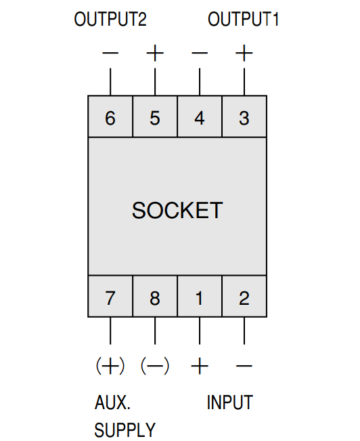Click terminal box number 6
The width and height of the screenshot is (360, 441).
[110, 117]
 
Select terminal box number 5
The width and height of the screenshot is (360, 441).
[155, 117]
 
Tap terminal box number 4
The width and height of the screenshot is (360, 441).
[200, 117]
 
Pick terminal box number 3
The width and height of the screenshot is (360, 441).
[244, 117]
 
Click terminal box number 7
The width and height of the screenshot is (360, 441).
[110, 296]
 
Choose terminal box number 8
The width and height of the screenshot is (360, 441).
[155, 296]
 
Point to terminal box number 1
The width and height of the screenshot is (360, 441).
[200, 296]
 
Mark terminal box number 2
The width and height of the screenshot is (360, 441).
[244, 296]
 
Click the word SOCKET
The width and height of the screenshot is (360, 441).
[177, 210]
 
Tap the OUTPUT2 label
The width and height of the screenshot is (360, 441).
[110, 19]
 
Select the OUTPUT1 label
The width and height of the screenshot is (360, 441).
[243, 19]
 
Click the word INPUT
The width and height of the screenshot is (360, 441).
[230, 402]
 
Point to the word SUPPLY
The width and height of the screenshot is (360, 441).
[125, 429]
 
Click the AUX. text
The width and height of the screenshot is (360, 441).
[112, 402]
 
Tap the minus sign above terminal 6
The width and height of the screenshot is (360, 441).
[110, 53]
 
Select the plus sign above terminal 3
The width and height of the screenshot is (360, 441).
[244, 53]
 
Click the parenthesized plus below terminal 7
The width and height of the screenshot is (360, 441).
[110, 366]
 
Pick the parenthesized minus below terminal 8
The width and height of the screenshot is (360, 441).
[155, 366]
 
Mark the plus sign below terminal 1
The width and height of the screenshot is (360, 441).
[200, 366]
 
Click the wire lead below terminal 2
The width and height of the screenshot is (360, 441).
[244, 331]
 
